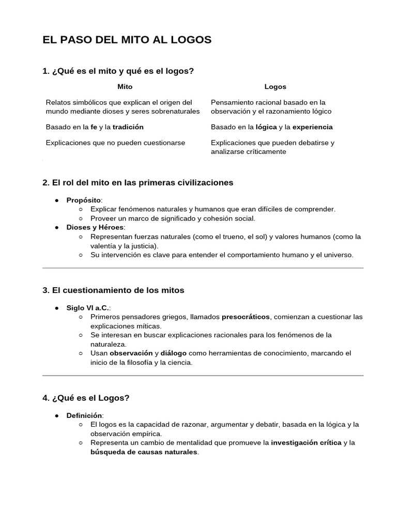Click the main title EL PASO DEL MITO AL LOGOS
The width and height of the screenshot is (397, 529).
tap(127, 40)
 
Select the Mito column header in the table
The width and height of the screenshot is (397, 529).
tap(125, 87)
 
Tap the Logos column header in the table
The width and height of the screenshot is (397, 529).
tap(275, 87)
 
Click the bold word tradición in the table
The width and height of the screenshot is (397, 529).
tap(128, 127)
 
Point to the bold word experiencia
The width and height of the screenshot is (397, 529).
tap(312, 127)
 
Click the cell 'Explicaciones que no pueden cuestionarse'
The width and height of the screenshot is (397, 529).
tap(115, 143)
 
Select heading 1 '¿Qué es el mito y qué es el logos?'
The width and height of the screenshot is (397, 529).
tap(118, 71)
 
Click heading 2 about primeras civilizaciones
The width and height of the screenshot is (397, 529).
tap(138, 182)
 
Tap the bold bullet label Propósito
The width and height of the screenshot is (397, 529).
tap(84, 200)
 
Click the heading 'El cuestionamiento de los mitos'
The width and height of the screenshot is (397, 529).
tap(113, 290)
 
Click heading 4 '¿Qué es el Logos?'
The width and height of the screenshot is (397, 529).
tap(86, 398)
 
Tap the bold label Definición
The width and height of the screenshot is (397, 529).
tap(85, 415)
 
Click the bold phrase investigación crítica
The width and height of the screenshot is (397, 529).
tap(306, 443)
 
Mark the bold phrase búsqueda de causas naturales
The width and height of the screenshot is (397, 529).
tap(144, 452)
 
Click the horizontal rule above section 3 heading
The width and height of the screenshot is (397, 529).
tap(203, 268)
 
